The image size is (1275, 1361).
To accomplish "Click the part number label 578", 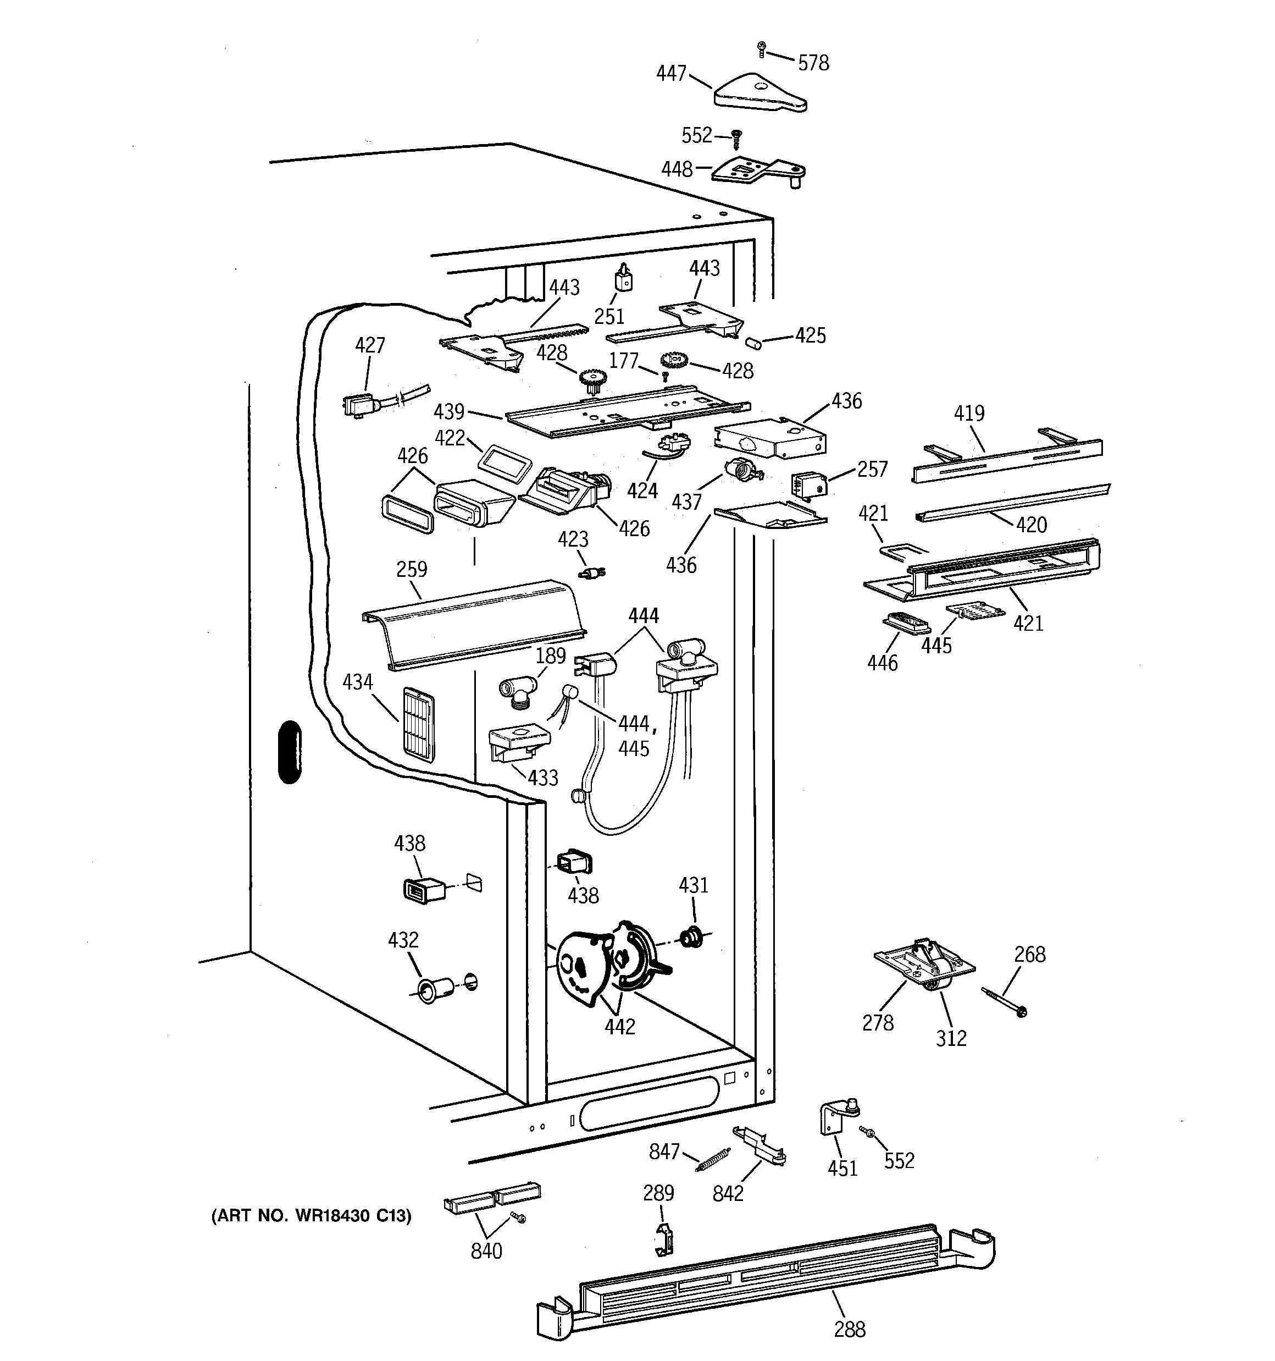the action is (x=814, y=63).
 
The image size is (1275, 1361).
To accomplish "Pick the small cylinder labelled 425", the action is (x=753, y=341).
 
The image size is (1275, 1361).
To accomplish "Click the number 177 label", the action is (x=623, y=360).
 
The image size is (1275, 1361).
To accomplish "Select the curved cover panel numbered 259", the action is (x=474, y=624).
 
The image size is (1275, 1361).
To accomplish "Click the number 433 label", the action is (x=543, y=778).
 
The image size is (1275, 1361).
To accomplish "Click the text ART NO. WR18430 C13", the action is (x=312, y=1216).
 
